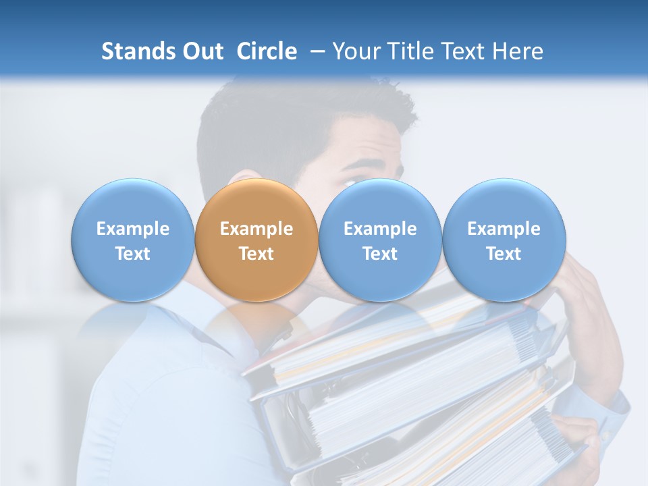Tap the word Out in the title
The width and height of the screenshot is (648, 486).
tap(201, 51)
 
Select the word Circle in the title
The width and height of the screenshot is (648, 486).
tap(267, 51)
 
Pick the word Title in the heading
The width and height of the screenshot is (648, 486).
tap(408, 51)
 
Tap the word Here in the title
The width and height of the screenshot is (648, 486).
tap(516, 51)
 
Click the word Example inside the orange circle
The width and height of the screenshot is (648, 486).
tap(256, 229)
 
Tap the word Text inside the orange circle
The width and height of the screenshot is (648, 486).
tap(256, 254)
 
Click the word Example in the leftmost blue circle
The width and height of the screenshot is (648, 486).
tap(132, 229)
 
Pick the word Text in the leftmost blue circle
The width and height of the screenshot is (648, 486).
tap(132, 254)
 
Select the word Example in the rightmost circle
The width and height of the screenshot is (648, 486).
tap(504, 229)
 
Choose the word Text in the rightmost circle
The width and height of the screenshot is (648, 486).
tap(504, 254)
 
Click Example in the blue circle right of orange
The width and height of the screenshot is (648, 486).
tap(380, 229)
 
